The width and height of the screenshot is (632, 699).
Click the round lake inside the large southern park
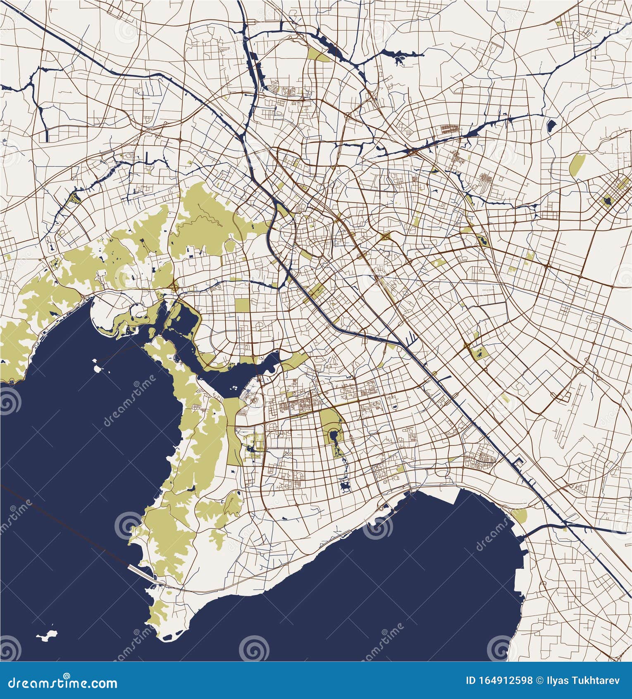pyautogui.click(x=334, y=436)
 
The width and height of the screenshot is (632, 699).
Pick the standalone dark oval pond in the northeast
pyautogui.click(x=551, y=125)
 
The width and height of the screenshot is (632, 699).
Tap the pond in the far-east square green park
pyautogui.click(x=607, y=202)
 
